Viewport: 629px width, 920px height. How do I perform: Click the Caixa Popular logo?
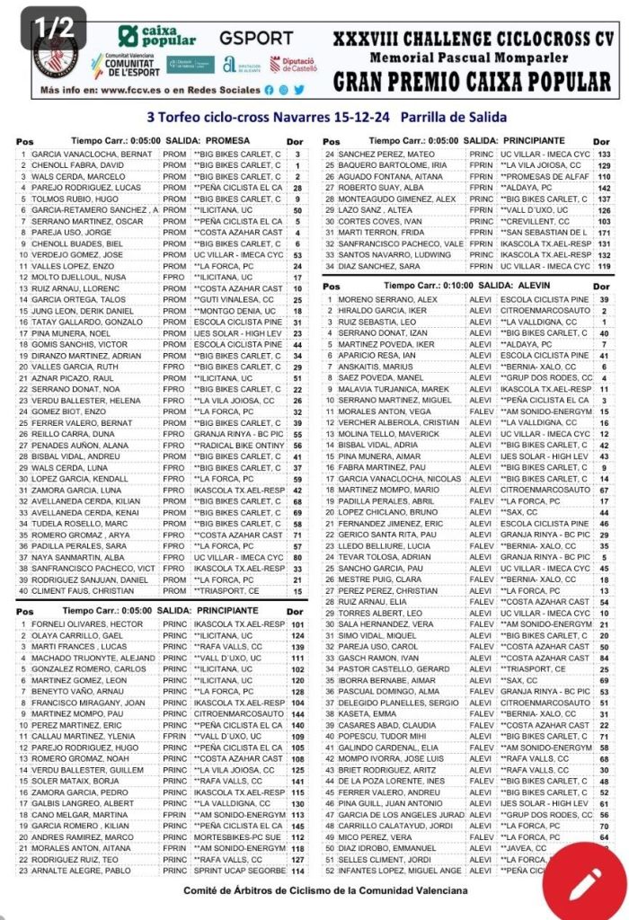tap(156, 37)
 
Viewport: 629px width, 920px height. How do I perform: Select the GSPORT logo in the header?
tap(257, 38)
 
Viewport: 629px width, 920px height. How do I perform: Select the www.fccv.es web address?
tap(136, 91)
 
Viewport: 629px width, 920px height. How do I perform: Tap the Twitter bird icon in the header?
tap(299, 91)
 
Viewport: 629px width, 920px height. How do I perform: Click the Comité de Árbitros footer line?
tap(325, 890)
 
